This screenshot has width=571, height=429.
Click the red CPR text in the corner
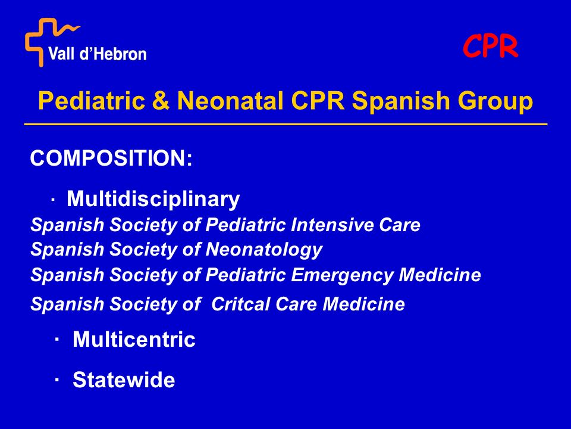(490, 46)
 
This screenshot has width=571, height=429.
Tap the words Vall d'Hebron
(98, 54)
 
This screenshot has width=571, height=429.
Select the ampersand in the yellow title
(161, 100)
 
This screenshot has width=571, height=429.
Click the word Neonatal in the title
(230, 100)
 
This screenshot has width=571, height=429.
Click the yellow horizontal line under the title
(286, 125)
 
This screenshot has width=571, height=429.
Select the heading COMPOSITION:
(111, 158)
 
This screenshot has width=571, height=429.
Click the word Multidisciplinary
(153, 199)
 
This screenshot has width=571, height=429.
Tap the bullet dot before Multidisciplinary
(53, 200)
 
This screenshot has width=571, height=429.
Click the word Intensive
(332, 225)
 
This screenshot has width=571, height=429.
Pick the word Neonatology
(264, 250)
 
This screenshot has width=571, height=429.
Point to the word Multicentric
(134, 339)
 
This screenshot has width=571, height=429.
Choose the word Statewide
(124, 380)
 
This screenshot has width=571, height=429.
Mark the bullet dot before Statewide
(57, 380)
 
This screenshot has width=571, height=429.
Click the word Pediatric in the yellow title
(92, 100)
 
